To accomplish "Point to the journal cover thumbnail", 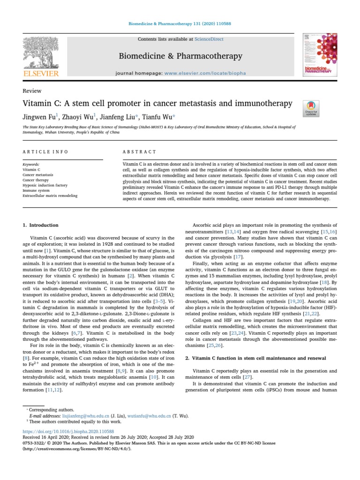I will coord(320,56).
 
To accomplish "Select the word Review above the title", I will coord(32,91).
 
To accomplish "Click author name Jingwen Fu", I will coord(39,116).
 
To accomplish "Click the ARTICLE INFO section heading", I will coord(45,152).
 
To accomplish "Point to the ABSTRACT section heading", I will coord(140,152).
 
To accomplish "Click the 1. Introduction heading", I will coord(41,225).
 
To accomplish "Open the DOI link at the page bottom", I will coord(68,430).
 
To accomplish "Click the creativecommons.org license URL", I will coord(77,448).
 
